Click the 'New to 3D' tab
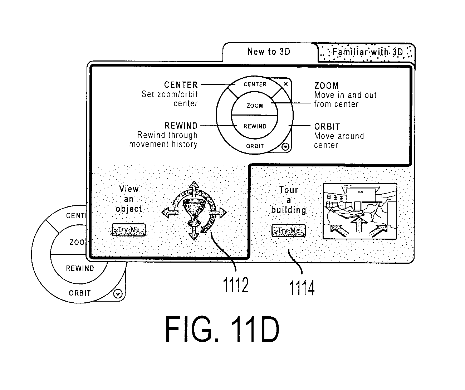(x=269, y=52)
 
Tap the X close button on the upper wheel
(x=286, y=84)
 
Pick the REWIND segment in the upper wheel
(x=255, y=126)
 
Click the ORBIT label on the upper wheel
(x=255, y=146)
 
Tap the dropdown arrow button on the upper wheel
(x=285, y=147)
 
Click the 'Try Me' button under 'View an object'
(x=129, y=230)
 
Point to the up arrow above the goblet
(x=195, y=189)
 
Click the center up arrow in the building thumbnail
(x=359, y=224)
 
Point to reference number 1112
(x=236, y=285)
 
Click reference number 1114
(x=302, y=288)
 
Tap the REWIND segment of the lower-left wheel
(x=80, y=268)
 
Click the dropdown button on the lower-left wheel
(x=118, y=294)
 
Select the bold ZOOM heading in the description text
(x=327, y=86)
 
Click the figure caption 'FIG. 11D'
(x=222, y=329)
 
